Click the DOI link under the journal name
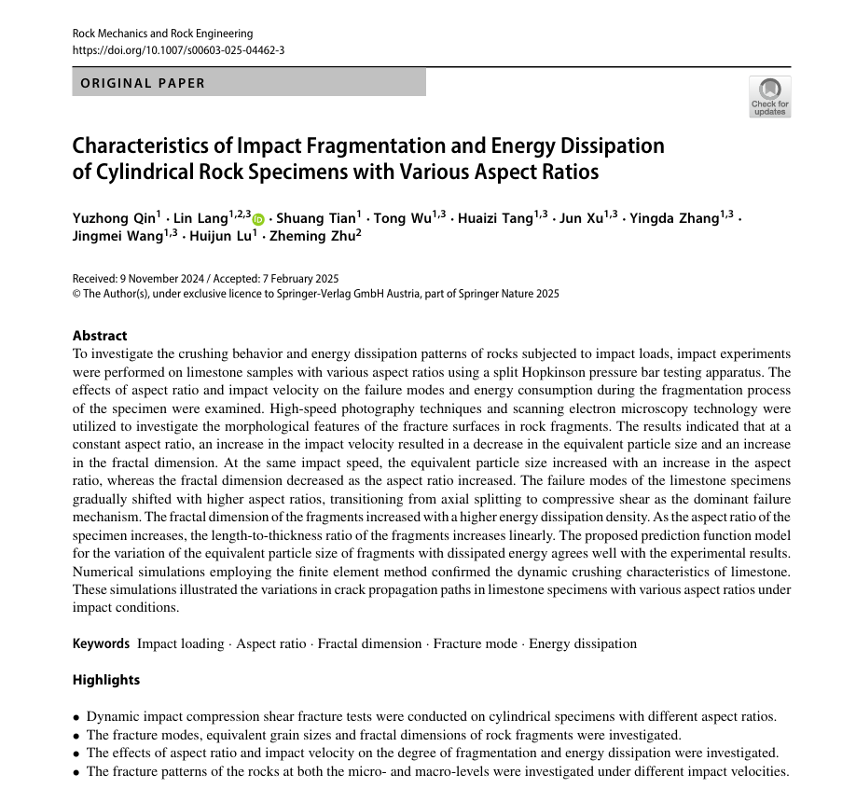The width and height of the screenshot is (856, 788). click(178, 50)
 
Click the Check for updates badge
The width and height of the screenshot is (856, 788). click(769, 96)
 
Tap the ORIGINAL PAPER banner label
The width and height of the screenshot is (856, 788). click(143, 83)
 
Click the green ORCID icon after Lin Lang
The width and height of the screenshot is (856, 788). click(258, 219)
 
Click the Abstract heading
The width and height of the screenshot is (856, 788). click(100, 336)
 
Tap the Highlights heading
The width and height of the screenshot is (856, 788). click(106, 680)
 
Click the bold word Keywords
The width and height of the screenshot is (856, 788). click(101, 643)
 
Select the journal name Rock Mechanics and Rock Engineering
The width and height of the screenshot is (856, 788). click(162, 35)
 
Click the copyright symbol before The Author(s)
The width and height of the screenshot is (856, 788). click(77, 294)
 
